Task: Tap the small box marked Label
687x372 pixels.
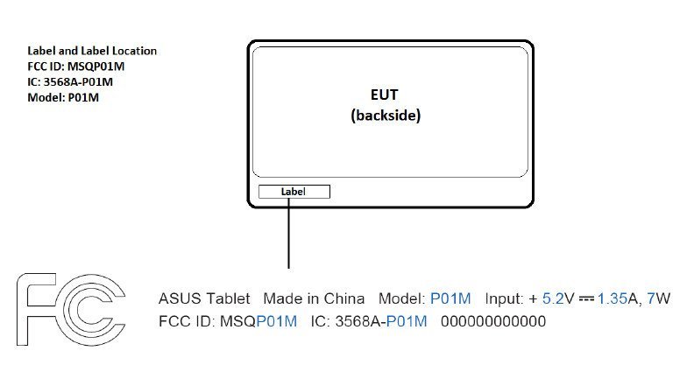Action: [x=294, y=192]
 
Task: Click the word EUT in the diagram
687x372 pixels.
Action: [x=384, y=95]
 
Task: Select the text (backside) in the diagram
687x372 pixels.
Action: [x=386, y=116]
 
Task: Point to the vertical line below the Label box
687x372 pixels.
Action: [x=289, y=233]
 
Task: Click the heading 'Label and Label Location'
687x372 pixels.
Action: [x=92, y=51]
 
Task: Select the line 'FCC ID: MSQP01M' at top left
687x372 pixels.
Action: [x=75, y=67]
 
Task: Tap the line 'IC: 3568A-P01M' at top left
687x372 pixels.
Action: [x=70, y=82]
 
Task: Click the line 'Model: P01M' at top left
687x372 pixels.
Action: [x=63, y=97]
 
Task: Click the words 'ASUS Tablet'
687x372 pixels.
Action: [x=204, y=298]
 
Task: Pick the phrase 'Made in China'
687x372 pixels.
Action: [x=314, y=298]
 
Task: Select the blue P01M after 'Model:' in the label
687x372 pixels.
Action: [x=450, y=298]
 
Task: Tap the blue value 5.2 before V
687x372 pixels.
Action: [x=553, y=298]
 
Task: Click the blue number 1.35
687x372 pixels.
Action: [x=613, y=298]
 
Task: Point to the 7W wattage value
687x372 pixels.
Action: [x=659, y=298]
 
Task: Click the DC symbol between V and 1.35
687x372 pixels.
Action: [x=586, y=299]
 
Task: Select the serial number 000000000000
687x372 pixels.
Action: [x=493, y=321]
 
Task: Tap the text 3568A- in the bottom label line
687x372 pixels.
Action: [x=361, y=321]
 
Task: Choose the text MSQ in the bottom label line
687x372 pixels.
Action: [x=238, y=321]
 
